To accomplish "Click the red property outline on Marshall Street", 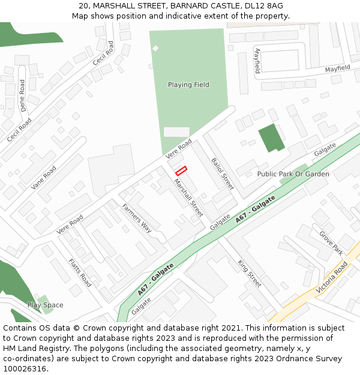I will (x=181, y=171).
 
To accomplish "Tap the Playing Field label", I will (x=188, y=85).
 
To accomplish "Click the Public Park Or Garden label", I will (x=293, y=174).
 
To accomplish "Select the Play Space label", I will (x=45, y=305).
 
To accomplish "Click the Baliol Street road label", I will (x=222, y=170).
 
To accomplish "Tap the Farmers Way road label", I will (x=137, y=218).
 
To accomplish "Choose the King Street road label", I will (x=250, y=274).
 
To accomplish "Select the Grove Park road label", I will (x=331, y=243).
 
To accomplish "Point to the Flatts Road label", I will (x=80, y=273).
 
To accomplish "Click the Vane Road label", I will (x=43, y=178).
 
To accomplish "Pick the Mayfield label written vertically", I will (x=257, y=61).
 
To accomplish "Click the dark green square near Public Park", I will (x=271, y=138).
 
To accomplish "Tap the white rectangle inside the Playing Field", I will (x=176, y=131).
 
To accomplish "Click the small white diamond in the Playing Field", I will (x=155, y=48).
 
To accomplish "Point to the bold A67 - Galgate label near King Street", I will (x=256, y=209).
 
